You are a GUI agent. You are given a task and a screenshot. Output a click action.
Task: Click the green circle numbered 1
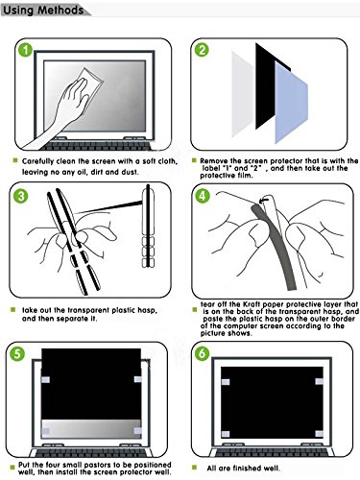pyautogui.click(x=26, y=50)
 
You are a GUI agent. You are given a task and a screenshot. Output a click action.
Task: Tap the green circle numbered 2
pyautogui.click(x=202, y=50)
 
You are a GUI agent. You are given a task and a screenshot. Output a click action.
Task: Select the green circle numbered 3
pyautogui.click(x=21, y=196)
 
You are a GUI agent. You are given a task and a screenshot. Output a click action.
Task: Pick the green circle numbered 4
pyautogui.click(x=203, y=196)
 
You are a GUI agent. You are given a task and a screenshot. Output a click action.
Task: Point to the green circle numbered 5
pyautogui.click(x=17, y=354)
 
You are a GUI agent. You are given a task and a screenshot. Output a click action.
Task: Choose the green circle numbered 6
pyautogui.click(x=202, y=353)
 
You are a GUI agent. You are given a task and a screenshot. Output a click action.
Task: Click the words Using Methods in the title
pyautogui.click(x=43, y=11)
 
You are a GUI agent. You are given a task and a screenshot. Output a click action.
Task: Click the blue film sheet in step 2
pyautogui.click(x=291, y=103)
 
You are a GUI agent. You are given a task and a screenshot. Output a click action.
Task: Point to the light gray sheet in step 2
pyautogui.click(x=243, y=94)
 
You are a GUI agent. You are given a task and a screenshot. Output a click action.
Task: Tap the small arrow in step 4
pyautogui.click(x=263, y=201)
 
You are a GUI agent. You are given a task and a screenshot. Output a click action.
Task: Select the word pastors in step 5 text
pyautogui.click(x=111, y=465)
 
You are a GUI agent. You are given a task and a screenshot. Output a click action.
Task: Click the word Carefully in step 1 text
pyautogui.click(x=37, y=161)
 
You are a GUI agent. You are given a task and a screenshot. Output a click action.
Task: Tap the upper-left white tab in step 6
pyautogui.click(x=226, y=382)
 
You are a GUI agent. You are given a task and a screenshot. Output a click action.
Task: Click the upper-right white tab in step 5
pyautogui.click(x=138, y=379)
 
